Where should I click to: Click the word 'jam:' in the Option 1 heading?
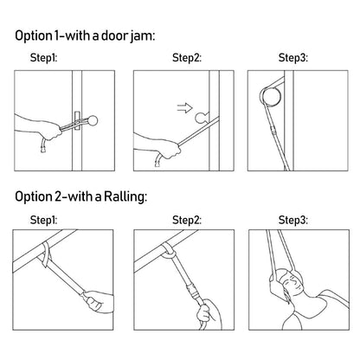143,36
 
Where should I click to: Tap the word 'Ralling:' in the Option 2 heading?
125,196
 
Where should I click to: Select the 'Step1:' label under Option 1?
43,58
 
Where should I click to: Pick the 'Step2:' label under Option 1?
187,58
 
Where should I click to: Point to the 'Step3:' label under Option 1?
293,58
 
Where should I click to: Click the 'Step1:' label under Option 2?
43,220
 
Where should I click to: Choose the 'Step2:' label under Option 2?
187,220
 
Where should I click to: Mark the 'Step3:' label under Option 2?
293,220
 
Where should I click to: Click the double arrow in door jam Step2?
184,108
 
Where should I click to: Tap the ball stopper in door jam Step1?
93,120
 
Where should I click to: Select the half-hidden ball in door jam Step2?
201,118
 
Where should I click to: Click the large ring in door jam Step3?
270,97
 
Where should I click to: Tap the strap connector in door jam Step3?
273,132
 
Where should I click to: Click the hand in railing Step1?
97,300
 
